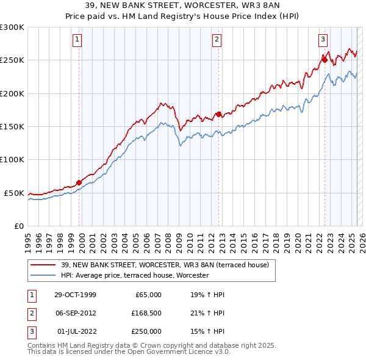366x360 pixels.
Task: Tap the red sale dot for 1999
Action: click(79, 182)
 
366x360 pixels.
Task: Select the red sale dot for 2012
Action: click(218, 114)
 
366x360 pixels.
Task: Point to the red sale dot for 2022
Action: click(325, 60)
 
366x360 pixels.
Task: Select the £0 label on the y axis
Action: click(18, 226)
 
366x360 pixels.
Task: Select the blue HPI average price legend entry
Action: click(135, 275)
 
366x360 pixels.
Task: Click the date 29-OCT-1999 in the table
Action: click(75, 295)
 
